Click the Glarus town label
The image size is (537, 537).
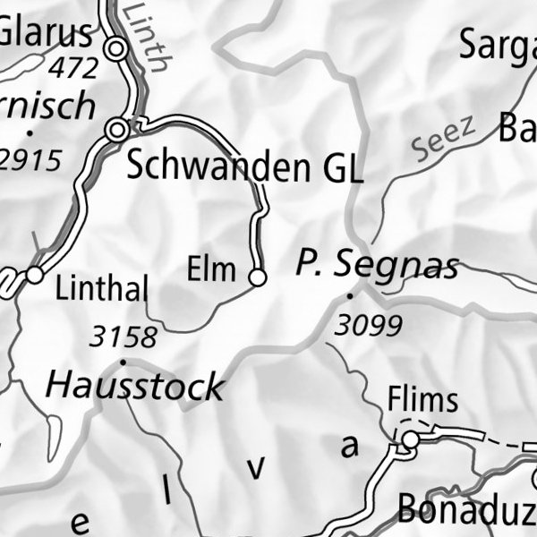45,33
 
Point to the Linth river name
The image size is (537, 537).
146,36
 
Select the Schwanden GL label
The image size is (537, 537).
244,166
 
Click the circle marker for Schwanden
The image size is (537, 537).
115,131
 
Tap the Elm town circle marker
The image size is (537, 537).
257,277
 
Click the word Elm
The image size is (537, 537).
211,268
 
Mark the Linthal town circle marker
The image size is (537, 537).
34,275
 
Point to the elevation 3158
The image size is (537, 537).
124,337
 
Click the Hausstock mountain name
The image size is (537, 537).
134,387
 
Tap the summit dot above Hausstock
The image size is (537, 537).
122,362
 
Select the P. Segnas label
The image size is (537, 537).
377,265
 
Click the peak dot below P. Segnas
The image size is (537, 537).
350,294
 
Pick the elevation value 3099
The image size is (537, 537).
367,326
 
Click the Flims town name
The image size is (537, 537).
423,399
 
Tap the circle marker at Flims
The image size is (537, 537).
410,439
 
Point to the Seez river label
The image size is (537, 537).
445,141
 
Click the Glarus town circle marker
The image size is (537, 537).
115,49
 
